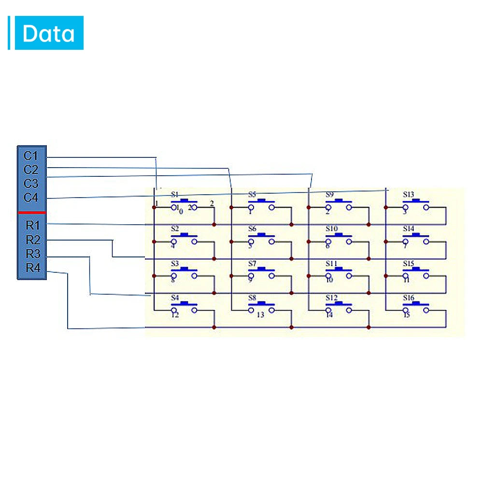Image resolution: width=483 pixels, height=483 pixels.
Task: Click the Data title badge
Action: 49,33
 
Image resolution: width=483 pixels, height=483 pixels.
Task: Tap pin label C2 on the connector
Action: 31,170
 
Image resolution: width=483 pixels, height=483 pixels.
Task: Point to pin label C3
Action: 31,184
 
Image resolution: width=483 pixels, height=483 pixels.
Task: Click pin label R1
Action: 33,225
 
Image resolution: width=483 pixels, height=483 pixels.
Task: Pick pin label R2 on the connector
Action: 33,240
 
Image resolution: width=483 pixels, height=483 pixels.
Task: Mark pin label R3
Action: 33,254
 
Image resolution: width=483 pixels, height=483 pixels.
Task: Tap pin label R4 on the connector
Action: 33,268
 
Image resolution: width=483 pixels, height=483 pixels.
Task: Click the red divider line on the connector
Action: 32,212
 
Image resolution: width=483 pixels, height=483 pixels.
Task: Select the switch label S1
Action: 175,194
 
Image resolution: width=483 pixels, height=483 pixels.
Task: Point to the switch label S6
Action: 252,228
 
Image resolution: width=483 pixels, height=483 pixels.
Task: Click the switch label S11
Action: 331,263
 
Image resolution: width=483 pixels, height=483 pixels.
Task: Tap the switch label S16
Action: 409,298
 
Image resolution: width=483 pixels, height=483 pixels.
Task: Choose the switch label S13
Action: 409,195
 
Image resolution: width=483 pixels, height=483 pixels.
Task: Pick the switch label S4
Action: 175,298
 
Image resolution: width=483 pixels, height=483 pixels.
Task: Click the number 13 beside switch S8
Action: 260,315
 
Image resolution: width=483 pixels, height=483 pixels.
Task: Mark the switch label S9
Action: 329,195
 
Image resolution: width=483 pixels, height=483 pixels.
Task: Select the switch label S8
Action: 252,298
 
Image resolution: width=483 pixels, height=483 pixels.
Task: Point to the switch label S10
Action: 331,228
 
